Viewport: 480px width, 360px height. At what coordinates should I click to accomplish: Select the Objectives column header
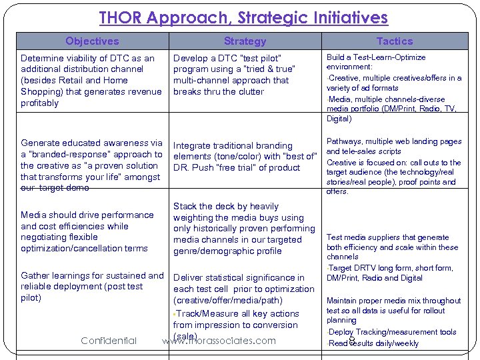pyautogui.click(x=92, y=41)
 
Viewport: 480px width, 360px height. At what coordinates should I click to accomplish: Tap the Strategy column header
pyautogui.click(x=245, y=41)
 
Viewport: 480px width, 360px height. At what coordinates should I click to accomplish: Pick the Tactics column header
pyautogui.click(x=395, y=41)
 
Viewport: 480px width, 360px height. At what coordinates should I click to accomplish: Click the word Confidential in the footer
pyautogui.click(x=109, y=341)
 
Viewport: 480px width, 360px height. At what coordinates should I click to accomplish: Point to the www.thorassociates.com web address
pyautogui.click(x=219, y=341)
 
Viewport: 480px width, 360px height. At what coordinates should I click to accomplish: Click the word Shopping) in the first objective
pyautogui.click(x=41, y=92)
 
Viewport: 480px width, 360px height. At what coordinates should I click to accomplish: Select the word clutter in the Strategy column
pyautogui.click(x=249, y=91)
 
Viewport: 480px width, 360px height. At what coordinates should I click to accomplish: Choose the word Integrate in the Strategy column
pyautogui.click(x=195, y=145)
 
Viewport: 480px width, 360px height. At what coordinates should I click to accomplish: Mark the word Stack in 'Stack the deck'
pyautogui.click(x=186, y=207)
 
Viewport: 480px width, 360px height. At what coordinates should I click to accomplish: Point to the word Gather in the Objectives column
pyautogui.click(x=36, y=275)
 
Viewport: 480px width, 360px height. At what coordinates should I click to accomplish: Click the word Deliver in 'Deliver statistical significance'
pyautogui.click(x=189, y=278)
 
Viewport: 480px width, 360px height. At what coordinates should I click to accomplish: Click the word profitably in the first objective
pyautogui.click(x=40, y=103)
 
